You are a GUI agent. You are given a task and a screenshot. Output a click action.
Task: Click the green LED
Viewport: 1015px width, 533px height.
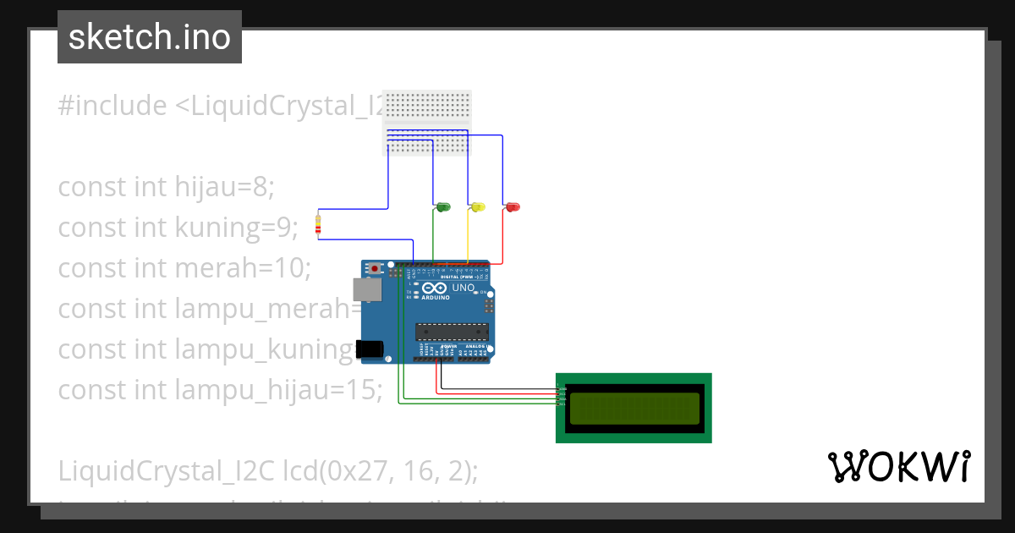(x=443, y=207)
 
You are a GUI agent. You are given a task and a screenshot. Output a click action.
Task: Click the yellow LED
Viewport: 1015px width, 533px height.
(x=478, y=207)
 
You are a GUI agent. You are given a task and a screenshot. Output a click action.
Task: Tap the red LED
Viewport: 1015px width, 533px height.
(x=513, y=207)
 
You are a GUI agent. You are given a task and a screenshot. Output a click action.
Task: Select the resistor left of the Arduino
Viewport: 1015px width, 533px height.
(x=318, y=226)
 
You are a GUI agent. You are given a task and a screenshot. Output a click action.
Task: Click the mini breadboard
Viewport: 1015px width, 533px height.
(x=427, y=123)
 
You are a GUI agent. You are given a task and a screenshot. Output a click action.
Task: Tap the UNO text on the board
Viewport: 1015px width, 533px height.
(x=464, y=288)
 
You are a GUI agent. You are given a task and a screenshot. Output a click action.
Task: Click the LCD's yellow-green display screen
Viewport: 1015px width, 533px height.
(x=634, y=409)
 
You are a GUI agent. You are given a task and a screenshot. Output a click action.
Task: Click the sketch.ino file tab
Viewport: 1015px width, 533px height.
(x=150, y=37)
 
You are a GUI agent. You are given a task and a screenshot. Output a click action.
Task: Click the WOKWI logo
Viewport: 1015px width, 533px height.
(x=898, y=467)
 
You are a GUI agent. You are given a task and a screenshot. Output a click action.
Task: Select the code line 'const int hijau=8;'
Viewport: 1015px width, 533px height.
(x=166, y=187)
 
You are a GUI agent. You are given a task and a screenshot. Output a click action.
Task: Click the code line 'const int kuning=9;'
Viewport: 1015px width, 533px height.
(x=178, y=228)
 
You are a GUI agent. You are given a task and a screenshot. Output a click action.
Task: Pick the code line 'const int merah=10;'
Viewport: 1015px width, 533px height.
(x=184, y=268)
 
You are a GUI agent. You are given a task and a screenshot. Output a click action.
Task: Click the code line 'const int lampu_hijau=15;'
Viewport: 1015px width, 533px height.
(x=220, y=390)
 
